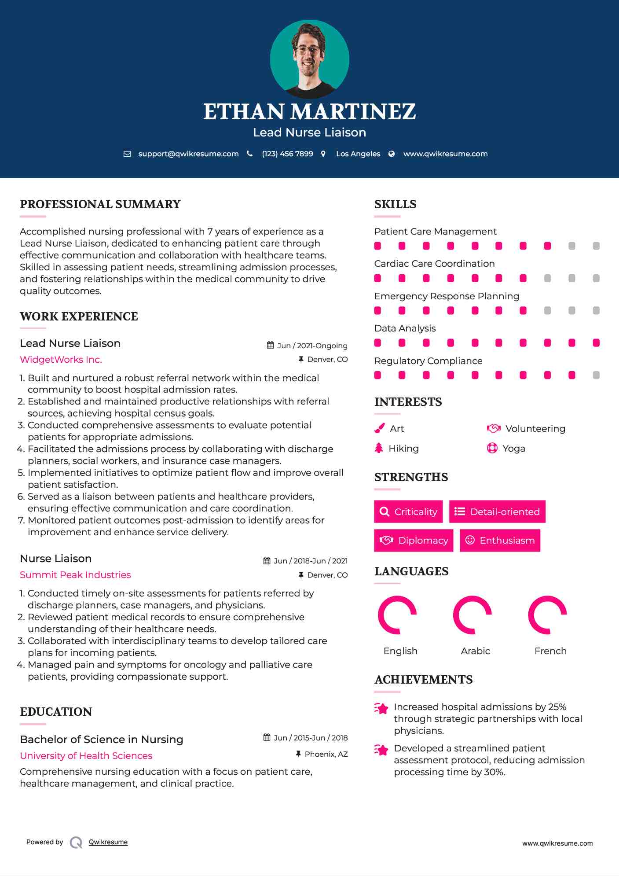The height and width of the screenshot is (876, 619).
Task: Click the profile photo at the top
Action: (x=309, y=59)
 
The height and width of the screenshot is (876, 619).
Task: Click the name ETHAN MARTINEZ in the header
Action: (x=309, y=111)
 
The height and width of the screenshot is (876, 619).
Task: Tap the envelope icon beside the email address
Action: (x=127, y=154)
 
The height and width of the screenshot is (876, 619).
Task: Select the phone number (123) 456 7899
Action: (x=287, y=154)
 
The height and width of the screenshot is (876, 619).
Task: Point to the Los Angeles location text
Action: (x=358, y=154)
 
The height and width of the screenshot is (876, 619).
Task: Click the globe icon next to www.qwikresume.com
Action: (x=392, y=154)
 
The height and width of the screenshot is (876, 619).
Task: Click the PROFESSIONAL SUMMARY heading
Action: (x=100, y=204)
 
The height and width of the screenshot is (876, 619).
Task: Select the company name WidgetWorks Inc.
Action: (x=61, y=360)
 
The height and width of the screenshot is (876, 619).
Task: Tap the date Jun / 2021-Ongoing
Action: (x=312, y=346)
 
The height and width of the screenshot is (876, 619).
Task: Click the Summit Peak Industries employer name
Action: (x=75, y=575)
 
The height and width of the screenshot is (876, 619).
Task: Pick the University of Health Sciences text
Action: (x=86, y=756)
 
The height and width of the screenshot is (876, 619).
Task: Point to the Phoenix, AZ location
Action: (x=326, y=754)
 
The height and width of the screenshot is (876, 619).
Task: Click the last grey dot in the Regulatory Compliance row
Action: (x=596, y=375)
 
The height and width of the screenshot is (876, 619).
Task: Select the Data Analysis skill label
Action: (x=405, y=328)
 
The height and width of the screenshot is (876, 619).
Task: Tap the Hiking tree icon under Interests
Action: (x=379, y=448)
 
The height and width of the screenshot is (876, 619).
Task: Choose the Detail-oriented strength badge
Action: (x=497, y=512)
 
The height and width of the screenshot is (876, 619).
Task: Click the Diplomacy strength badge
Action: (x=414, y=540)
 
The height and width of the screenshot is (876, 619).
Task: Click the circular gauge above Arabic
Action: (x=472, y=615)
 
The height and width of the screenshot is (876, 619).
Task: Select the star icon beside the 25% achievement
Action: (x=381, y=708)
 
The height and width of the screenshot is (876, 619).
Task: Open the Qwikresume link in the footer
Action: (x=108, y=842)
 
